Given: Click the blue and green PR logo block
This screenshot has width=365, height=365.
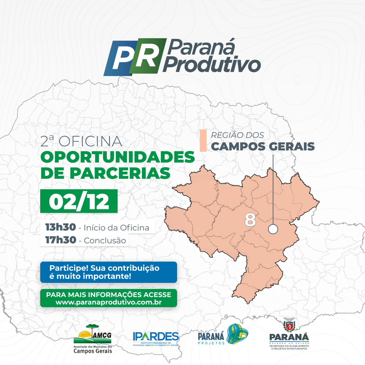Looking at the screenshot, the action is [135, 57].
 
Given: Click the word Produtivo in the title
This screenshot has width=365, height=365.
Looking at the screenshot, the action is [212, 64].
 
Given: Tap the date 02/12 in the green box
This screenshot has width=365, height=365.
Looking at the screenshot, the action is [79, 201].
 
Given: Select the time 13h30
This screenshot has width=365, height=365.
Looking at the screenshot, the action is [60, 227].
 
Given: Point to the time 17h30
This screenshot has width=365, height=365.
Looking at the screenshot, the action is [60, 240].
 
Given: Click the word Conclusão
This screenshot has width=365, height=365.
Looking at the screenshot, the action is [105, 241].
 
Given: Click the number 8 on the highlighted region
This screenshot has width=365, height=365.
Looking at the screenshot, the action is [250, 220].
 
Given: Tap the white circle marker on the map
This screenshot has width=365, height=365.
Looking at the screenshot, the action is [273, 229].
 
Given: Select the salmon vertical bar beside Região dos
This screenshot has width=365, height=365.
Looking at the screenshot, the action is [203, 141].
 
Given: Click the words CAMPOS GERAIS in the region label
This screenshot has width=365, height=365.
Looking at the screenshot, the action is [263, 146].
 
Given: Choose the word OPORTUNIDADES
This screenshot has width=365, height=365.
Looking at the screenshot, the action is [118, 157].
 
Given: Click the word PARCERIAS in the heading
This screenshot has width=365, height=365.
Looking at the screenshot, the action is [120, 173].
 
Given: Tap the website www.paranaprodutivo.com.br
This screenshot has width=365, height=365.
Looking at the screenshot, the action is [109, 302].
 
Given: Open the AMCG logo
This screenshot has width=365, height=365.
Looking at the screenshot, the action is [93, 339].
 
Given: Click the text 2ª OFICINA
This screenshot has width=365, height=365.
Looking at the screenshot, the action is [81, 141].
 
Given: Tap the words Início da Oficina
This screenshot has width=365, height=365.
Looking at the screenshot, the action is [116, 227].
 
